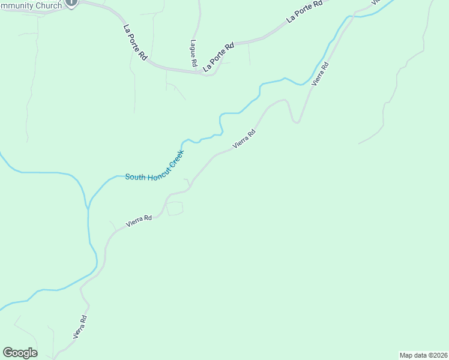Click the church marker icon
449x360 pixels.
pos(71,2)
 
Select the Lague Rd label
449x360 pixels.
pos(193,53)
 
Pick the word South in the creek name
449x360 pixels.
pos(134,176)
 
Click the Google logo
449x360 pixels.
pos(20,353)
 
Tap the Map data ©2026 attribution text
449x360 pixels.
pos(423,355)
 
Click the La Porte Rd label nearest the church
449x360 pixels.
pos(135,42)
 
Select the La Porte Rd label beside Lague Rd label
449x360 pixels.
pos(218,58)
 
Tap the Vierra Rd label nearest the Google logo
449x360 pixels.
pos(80,328)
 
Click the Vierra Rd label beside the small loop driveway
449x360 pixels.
pos(139,221)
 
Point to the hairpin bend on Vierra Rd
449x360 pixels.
pos(295,121)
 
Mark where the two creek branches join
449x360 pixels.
pos(88,208)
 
